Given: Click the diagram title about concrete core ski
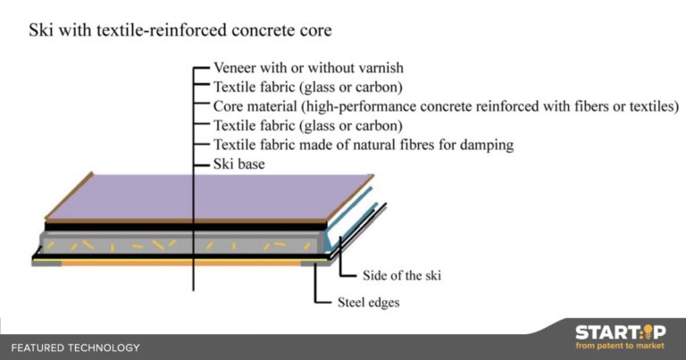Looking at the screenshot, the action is pos(180,30).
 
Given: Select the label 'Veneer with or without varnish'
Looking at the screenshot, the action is pos(308,68).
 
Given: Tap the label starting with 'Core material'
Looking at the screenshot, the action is pos(446,106).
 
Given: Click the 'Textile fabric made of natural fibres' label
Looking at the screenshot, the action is pos(364,145).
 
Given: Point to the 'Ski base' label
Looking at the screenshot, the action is pos(238,164).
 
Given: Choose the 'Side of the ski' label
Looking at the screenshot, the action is pos(402,275).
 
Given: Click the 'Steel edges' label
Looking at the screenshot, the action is pos(368,302).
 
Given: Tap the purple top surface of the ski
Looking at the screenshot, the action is pos(210,196).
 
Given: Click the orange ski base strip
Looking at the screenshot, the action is pos(181,264).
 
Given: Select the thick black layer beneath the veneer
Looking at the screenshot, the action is pos(186,227).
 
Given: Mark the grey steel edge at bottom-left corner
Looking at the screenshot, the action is pos(46,264).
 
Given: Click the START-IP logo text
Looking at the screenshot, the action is pos(621,332).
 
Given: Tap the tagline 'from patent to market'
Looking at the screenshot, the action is pos(620,346).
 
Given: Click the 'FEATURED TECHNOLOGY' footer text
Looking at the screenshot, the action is pos(75,347).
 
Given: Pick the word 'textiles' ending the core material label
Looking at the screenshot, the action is pos(654,106).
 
